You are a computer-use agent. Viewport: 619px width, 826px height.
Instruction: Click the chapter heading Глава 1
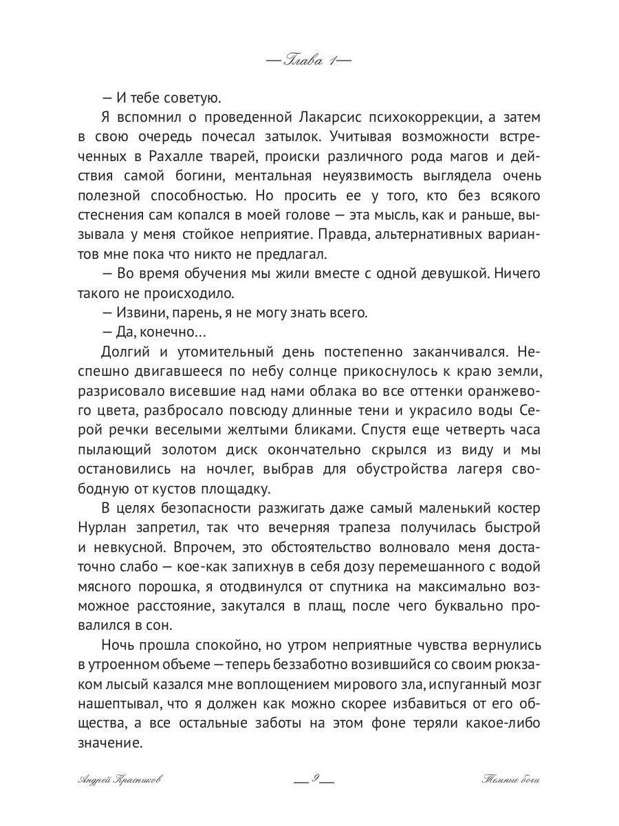[x=309, y=61]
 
